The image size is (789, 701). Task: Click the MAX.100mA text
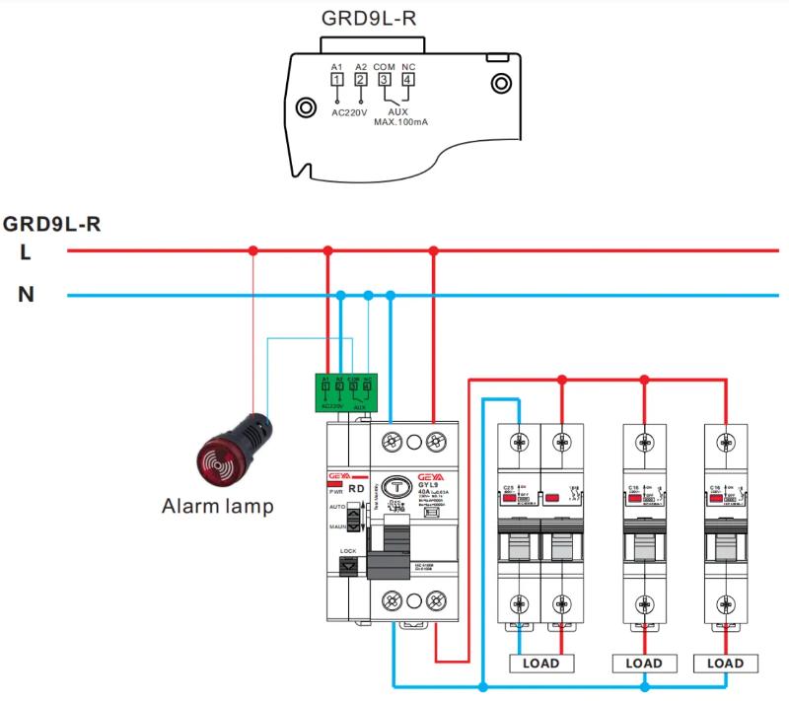tap(388, 122)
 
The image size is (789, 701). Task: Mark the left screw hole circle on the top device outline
tap(307, 105)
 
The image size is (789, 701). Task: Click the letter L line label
tap(26, 252)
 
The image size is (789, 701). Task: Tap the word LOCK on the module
tap(347, 551)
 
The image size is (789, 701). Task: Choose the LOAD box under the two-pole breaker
tap(540, 664)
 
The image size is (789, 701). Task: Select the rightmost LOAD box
tap(725, 664)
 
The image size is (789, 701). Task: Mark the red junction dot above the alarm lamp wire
tap(252, 251)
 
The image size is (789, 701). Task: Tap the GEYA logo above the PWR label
tap(337, 474)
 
